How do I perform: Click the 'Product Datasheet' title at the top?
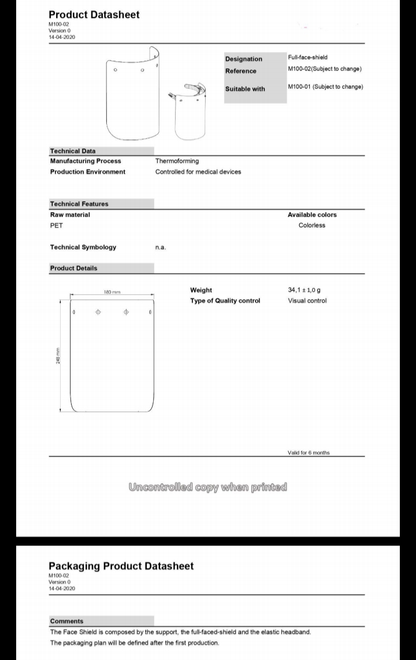[x=94, y=14]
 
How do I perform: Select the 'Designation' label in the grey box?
[x=243, y=59]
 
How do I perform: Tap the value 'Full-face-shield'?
[x=307, y=57]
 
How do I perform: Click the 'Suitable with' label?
[x=245, y=89]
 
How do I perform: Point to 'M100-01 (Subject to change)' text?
[x=325, y=87]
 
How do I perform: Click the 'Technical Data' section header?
[x=73, y=151]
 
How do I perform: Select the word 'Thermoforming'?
[x=177, y=161]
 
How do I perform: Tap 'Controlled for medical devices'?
[x=198, y=172]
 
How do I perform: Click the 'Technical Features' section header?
[x=79, y=204]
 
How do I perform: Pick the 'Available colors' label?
[x=312, y=215]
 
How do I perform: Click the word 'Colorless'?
[x=312, y=225]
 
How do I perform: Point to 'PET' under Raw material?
[x=57, y=225]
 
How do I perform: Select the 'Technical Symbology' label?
[x=83, y=247]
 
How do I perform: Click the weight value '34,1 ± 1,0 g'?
[x=304, y=290]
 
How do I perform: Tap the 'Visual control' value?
[x=307, y=301]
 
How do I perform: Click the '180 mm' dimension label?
[x=112, y=292]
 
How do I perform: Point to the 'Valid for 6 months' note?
[x=309, y=453]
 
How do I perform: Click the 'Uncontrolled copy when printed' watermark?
[x=208, y=487]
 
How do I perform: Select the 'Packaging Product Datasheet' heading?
[x=121, y=566]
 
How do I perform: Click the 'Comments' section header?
[x=66, y=621]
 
